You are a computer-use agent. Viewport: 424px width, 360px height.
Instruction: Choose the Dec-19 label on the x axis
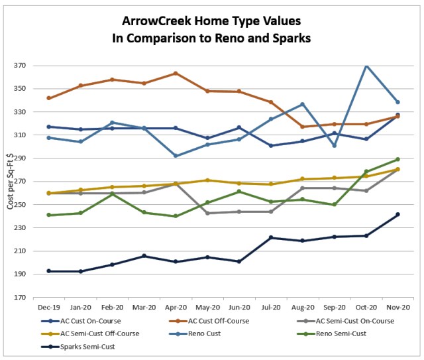(50, 308)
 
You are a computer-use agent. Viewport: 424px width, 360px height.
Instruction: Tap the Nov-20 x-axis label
(397, 308)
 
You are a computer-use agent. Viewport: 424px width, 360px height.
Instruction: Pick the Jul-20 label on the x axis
(271, 308)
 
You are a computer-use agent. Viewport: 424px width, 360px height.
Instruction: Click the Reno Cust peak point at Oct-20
(366, 65)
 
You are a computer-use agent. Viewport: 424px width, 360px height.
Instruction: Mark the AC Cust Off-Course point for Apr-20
(176, 74)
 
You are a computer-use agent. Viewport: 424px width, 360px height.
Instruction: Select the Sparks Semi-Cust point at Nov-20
(397, 214)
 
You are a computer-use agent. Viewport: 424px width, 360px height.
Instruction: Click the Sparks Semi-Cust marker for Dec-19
(50, 271)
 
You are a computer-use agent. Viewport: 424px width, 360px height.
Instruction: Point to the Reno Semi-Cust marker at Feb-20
(113, 194)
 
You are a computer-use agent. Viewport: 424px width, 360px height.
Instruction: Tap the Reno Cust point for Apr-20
(176, 156)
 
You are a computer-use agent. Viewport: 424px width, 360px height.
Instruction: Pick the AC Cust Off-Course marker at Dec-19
(50, 98)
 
